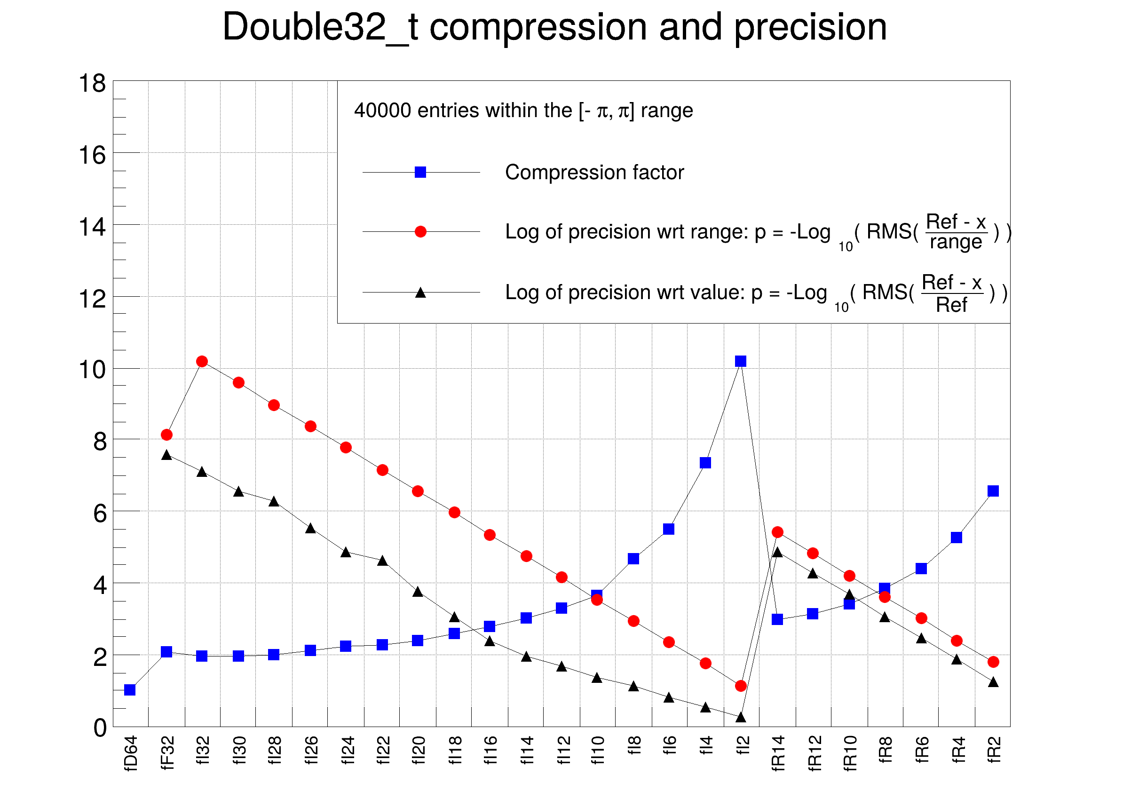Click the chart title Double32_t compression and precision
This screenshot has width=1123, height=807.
click(x=554, y=27)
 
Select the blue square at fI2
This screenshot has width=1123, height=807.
click(x=741, y=362)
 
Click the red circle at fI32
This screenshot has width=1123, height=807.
click(x=202, y=362)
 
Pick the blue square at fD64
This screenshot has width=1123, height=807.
click(x=130, y=689)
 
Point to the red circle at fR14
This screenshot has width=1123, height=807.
click(x=777, y=532)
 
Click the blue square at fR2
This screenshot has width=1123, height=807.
click(x=993, y=491)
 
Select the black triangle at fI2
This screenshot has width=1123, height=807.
click(x=741, y=717)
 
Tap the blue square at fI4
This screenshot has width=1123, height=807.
click(x=705, y=463)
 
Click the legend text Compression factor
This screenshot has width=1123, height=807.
click(x=594, y=172)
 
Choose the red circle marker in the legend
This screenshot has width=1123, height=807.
click(x=420, y=232)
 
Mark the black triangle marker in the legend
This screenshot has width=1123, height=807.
click(x=420, y=293)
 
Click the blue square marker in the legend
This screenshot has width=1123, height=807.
click(x=420, y=172)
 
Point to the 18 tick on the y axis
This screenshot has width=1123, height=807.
click(x=93, y=83)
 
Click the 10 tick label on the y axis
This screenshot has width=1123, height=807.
click(x=93, y=370)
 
